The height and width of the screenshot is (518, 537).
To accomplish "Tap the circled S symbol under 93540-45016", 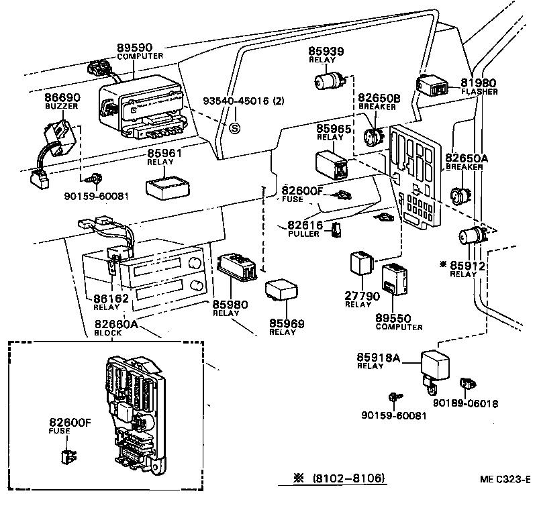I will coord(235,127).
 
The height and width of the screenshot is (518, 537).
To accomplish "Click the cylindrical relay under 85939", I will coord(328,82).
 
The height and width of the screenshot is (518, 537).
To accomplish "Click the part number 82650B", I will coord(379,98).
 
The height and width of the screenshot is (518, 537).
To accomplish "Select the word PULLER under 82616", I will coord(303,234).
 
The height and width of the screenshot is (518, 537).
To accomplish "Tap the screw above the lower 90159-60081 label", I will coord(394,399).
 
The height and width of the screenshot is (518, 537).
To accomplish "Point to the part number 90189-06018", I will coord(465,404).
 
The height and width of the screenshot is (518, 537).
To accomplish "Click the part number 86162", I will coord(107,299).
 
